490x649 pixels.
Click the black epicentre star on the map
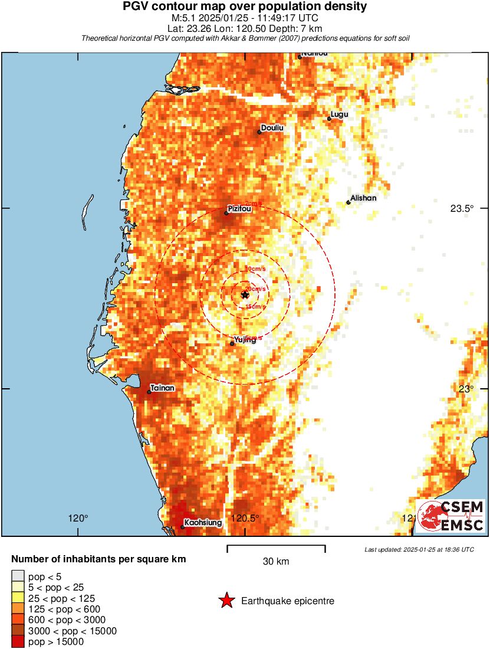(x=245, y=294)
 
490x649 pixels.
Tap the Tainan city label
(x=162, y=388)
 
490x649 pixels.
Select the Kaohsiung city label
(x=203, y=523)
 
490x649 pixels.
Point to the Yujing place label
(x=245, y=340)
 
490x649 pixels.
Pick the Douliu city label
(x=272, y=128)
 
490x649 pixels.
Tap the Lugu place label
(x=340, y=114)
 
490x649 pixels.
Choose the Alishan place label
(x=363, y=198)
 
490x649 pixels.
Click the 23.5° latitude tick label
(x=462, y=208)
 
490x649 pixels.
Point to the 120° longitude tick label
(x=78, y=519)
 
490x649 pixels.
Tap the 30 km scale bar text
(x=276, y=562)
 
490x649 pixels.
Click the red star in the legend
(x=226, y=601)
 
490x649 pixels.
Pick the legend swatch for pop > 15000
(x=18, y=642)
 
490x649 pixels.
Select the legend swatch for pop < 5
(x=18, y=576)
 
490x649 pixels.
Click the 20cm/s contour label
(x=255, y=289)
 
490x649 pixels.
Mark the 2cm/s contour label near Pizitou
(x=253, y=204)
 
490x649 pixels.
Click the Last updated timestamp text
(x=419, y=549)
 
